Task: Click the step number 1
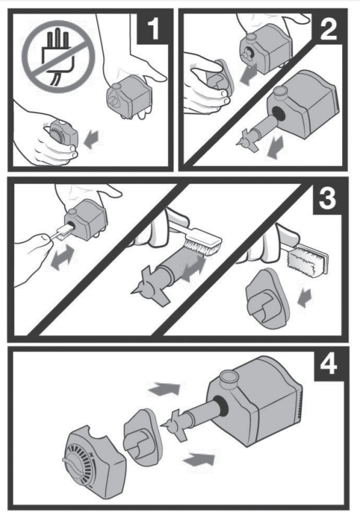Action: pos(153,29)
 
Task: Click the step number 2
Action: pos(328,29)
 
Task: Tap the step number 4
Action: pos(329,365)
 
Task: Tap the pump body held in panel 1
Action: pos(130,97)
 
